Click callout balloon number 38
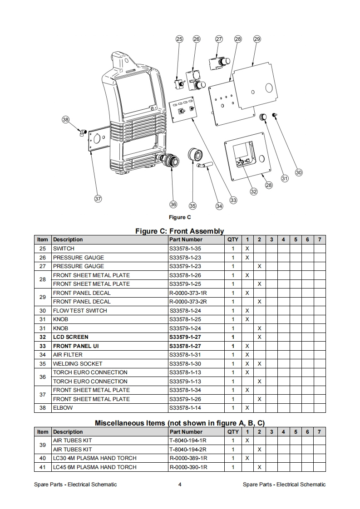66,120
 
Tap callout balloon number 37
98,198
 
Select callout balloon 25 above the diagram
179,39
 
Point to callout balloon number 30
298,172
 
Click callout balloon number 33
233,200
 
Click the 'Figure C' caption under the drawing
180,217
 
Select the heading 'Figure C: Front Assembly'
180,231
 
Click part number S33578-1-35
185,249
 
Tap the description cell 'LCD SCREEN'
71,337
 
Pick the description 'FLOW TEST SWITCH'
80,311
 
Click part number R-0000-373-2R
188,302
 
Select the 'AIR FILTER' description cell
68,355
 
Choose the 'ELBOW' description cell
63,408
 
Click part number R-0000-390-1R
188,467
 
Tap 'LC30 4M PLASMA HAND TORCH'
95,458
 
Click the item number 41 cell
43,467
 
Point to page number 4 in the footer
180,485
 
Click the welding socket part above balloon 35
195,154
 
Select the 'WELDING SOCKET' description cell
78,364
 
